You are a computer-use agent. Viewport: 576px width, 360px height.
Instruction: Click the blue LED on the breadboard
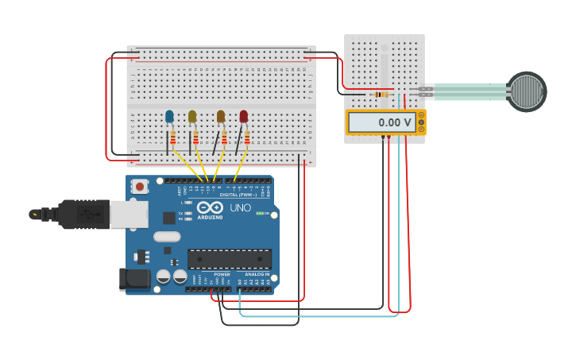point(169,117)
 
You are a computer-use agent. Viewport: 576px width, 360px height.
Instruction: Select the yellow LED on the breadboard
point(192,117)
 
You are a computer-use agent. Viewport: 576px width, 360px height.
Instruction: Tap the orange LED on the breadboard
point(221,117)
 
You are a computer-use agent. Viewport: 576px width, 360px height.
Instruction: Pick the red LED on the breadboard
point(244,117)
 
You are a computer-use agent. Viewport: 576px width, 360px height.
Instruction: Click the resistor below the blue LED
point(173,140)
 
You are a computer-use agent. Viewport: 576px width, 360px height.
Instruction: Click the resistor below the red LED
point(247,139)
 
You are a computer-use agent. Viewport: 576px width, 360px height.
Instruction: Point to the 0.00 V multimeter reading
point(381,122)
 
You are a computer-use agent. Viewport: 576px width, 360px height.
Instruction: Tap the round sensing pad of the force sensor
point(526,91)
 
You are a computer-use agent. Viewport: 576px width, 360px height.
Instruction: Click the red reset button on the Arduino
point(140,187)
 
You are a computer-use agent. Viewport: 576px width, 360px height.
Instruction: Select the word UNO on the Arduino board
point(241,208)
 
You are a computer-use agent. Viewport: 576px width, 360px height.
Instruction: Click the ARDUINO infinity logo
point(210,208)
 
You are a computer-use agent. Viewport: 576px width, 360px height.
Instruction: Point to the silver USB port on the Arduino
point(128,214)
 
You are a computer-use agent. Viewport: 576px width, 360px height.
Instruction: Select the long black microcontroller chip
point(229,258)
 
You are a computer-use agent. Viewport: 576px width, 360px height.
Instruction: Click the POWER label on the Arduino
point(222,275)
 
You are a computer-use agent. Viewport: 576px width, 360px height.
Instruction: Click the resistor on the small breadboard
point(381,95)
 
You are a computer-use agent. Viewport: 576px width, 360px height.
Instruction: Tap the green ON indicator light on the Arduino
point(260,213)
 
